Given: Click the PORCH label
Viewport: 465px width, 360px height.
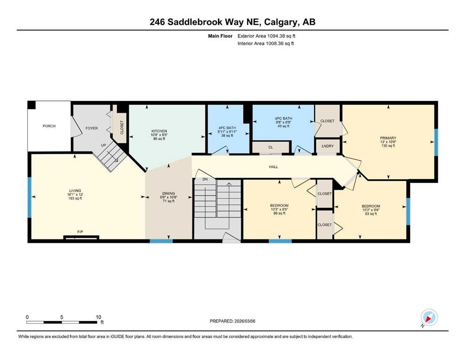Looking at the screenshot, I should coord(49,126).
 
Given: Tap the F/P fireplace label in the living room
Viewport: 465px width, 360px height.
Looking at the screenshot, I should coord(80,232).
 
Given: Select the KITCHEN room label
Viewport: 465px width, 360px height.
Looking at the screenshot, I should coord(159,131).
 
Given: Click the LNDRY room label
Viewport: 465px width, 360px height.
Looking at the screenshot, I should coord(328,146).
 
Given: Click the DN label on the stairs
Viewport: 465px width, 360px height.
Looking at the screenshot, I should coord(205,180).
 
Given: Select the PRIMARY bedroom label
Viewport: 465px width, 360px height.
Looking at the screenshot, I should coord(388,138).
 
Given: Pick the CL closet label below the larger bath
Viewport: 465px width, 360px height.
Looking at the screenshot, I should coord(270,147).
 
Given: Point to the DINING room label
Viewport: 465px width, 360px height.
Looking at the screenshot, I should coord(168,194).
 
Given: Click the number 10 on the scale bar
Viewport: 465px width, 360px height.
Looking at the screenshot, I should coord(98,316).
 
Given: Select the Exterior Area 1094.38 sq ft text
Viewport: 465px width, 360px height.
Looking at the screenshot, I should coord(266,36).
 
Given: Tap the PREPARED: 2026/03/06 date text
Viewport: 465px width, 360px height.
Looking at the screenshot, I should coord(232,321).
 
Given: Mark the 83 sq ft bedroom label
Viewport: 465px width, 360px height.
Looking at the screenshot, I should coord(370,206).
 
